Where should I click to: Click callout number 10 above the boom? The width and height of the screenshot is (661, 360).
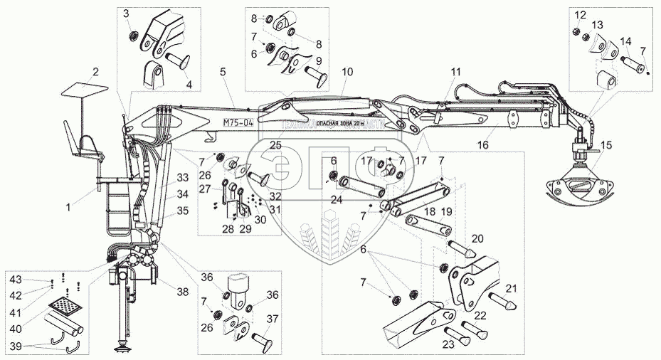point(347,72)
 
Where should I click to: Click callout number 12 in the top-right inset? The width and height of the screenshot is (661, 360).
point(580,14)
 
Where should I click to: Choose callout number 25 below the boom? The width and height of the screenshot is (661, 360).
point(275,145)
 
